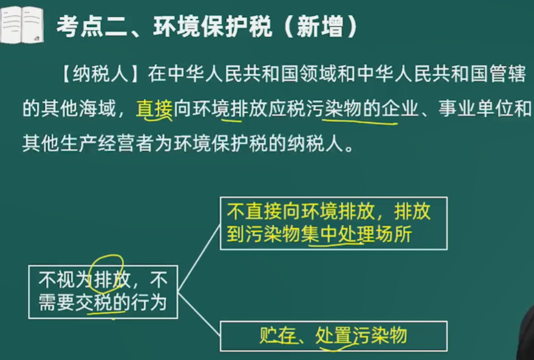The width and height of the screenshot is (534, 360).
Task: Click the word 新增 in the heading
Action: coord(320,27)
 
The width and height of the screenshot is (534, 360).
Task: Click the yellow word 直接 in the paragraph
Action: coord(154,109)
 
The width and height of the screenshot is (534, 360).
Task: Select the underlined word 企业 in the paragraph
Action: coord(399,109)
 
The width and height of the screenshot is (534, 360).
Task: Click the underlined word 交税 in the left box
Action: coord(94,302)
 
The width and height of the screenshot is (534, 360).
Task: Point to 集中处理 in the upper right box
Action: coord(337,234)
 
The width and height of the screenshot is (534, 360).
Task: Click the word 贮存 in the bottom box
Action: coord(278,335)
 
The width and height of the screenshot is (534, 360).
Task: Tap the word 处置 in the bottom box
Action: coord(333,335)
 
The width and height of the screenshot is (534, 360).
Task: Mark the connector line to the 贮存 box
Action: coord(199,314)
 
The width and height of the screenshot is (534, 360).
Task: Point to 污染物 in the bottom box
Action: coord(380,335)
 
